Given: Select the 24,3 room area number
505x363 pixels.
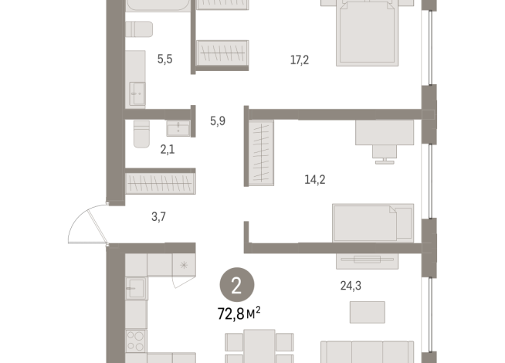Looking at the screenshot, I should point(351,286).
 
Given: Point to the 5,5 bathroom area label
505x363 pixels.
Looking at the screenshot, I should point(165,58).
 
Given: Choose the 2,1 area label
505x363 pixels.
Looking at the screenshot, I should point(166,150).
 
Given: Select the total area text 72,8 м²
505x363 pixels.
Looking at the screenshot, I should point(238,313).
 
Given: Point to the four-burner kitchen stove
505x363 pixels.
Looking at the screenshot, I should point(135,341).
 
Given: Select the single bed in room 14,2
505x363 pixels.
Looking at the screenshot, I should point(372,222).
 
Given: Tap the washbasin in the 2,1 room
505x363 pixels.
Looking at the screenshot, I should point(178,127).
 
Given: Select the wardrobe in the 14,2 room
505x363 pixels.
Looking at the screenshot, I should point(262,152).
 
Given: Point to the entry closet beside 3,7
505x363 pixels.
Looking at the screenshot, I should point(159,183).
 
